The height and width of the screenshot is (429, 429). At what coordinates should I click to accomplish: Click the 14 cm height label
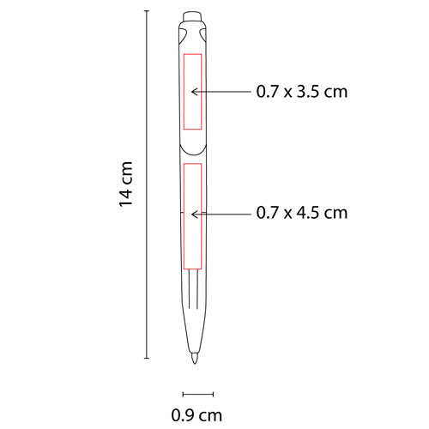pyautogui.click(x=126, y=184)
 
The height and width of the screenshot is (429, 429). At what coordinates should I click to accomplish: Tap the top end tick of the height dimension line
pyautogui.click(x=147, y=10)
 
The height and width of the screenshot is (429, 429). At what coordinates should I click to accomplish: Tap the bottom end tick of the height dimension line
pyautogui.click(x=147, y=357)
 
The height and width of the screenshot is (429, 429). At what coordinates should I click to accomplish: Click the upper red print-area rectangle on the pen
pyautogui.click(x=193, y=92)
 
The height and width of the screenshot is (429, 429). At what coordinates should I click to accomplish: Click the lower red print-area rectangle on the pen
pyautogui.click(x=192, y=210)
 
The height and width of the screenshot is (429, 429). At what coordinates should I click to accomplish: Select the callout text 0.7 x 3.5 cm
pyautogui.click(x=301, y=91)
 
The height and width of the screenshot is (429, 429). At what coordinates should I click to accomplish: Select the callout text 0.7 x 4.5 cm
pyautogui.click(x=301, y=211)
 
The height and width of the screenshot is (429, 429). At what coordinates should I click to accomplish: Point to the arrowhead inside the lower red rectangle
pyautogui.click(x=194, y=211)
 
